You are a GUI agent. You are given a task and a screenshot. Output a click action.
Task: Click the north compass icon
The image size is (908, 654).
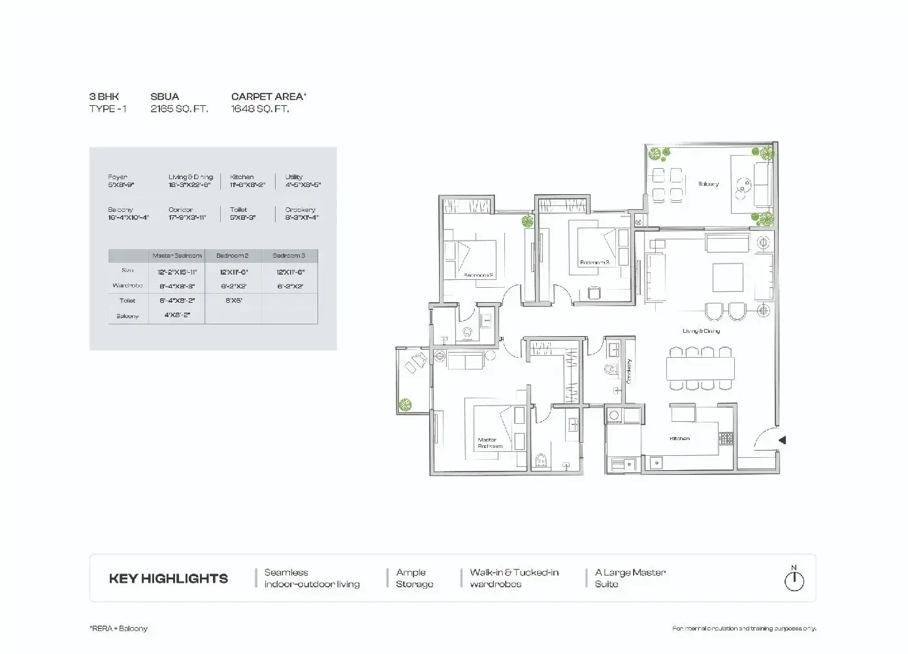[794, 580]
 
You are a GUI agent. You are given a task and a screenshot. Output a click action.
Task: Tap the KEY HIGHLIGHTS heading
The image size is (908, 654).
[169, 579]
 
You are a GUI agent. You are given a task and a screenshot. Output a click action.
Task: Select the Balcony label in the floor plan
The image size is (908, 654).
[708, 184]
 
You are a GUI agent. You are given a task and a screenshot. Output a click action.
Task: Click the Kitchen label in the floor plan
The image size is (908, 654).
[679, 439]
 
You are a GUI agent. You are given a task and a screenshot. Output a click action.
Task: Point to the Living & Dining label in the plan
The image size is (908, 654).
[701, 332]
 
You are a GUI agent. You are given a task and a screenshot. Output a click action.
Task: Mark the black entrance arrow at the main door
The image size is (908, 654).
[781, 441]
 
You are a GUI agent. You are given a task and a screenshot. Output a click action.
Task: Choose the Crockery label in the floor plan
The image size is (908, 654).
[629, 371]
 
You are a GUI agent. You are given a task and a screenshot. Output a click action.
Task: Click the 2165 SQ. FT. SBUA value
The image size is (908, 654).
[179, 109]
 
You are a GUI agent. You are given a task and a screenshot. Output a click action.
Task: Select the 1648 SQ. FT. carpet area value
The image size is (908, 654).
[260, 109]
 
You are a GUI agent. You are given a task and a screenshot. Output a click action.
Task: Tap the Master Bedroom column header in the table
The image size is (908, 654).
[176, 256]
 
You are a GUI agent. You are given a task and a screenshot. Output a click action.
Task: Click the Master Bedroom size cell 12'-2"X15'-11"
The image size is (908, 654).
[176, 271]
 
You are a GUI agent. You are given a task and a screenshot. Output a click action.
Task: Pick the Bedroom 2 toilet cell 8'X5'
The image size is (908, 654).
[233, 301]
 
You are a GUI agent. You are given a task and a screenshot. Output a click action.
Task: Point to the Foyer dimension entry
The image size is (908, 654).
[121, 181]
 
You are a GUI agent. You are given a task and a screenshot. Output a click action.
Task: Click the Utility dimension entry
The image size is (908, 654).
[302, 181]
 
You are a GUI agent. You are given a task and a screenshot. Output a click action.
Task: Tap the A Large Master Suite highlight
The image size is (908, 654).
[630, 578]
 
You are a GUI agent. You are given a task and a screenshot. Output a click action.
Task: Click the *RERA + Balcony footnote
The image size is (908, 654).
[119, 628]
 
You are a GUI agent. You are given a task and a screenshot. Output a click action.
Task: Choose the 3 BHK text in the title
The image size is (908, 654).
[105, 97]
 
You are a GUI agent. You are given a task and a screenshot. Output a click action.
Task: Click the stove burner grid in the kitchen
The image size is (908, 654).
[726, 438]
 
